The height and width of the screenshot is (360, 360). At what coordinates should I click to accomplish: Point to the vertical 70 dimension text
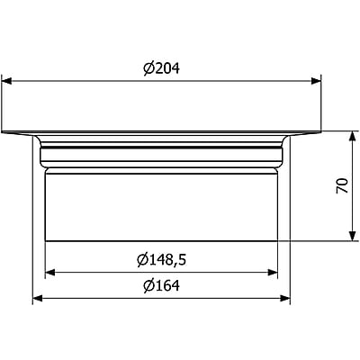tap(341, 187)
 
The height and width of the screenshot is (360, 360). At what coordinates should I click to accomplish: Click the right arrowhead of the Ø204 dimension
tap(317, 81)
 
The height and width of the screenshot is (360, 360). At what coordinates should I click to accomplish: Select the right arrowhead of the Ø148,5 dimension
tap(273, 271)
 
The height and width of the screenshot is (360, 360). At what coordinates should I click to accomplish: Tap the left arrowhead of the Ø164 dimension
tap(37, 298)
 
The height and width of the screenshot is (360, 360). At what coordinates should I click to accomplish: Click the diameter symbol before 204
tap(148, 69)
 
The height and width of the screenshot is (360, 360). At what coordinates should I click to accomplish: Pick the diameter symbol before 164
tap(148, 287)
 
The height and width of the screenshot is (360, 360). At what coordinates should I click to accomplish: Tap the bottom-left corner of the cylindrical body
tap(45, 241)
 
